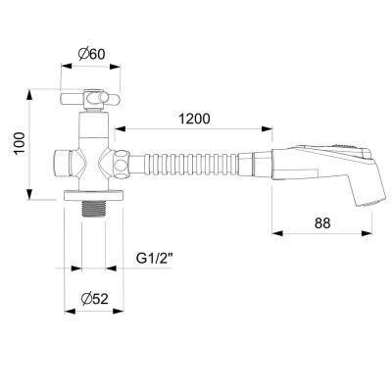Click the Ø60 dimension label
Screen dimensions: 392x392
click(92, 54)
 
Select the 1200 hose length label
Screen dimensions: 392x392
click(194, 119)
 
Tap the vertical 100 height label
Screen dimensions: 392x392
click(20, 143)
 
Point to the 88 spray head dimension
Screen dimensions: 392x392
click(322, 223)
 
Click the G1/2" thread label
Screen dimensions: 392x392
click(154, 259)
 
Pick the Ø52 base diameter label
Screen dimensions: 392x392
click(95, 298)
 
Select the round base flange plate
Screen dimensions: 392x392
click(94, 195)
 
